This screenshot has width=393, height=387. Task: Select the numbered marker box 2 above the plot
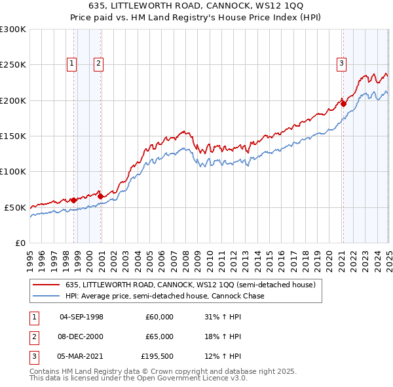[x=98, y=64]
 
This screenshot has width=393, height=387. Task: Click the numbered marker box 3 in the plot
[x=341, y=64]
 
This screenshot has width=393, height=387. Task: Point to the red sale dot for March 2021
[x=343, y=103]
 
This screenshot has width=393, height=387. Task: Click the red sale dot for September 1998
[x=74, y=200]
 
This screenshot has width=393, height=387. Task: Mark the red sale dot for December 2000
[x=101, y=196]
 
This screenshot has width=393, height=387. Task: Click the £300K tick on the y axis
[x=12, y=30]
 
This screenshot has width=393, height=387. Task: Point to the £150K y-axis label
[x=12, y=136]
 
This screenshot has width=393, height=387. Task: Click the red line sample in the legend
[x=47, y=285]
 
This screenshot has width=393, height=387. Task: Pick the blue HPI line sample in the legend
[x=47, y=296]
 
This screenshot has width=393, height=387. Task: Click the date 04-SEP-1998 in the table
[x=81, y=317]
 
